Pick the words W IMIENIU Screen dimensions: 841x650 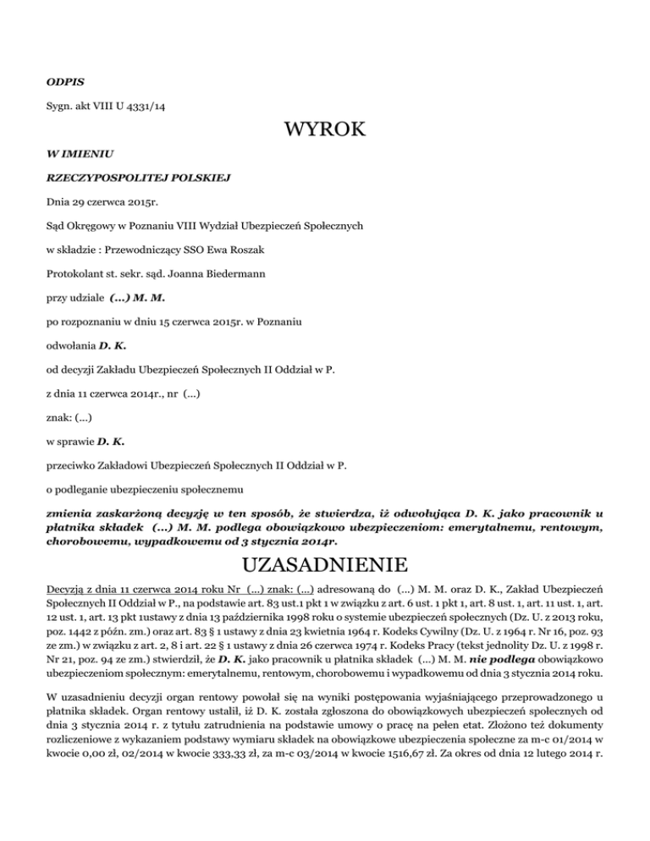pyautogui.click(x=75, y=157)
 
